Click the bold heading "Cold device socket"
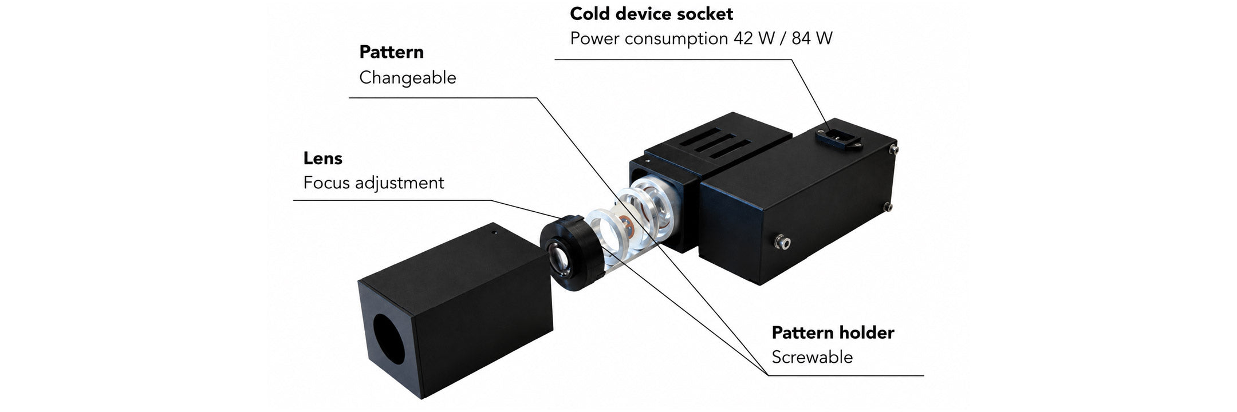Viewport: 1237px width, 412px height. [x=651, y=14]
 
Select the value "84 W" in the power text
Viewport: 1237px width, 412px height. [x=812, y=38]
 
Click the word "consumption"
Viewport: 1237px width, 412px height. [x=676, y=39]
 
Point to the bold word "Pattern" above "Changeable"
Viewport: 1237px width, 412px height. [x=391, y=52]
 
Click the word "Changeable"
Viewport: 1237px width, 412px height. [x=408, y=78]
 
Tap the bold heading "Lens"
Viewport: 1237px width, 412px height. [x=323, y=158]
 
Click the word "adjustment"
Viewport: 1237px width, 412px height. [x=400, y=183]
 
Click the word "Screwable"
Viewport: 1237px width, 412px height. [x=812, y=357]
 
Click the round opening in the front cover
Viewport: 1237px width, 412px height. [x=389, y=339]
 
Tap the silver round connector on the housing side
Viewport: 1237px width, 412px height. [x=781, y=243]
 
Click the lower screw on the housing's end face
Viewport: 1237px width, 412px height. [x=888, y=207]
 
